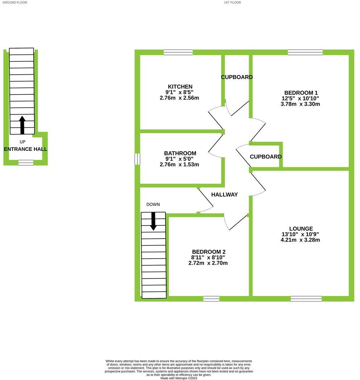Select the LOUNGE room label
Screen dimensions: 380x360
point(301,229)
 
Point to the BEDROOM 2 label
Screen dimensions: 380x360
point(208,252)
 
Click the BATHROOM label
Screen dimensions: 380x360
point(180,153)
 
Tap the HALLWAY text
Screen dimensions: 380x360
point(225,195)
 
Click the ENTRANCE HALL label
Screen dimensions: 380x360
point(25,149)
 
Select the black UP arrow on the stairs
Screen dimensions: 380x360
point(22,125)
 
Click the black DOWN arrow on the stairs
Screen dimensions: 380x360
point(153,221)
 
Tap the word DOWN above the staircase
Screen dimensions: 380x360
point(153,205)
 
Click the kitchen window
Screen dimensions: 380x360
point(178,52)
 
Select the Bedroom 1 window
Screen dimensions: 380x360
point(305,52)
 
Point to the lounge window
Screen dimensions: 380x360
point(306,299)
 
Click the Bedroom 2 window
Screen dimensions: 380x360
point(211,299)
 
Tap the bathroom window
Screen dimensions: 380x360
point(137,159)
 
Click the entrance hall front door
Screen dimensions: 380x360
point(26,163)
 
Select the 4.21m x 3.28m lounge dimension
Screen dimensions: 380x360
point(300,240)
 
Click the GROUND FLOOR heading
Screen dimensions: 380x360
point(14,3)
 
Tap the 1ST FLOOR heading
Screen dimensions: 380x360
point(232,3)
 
